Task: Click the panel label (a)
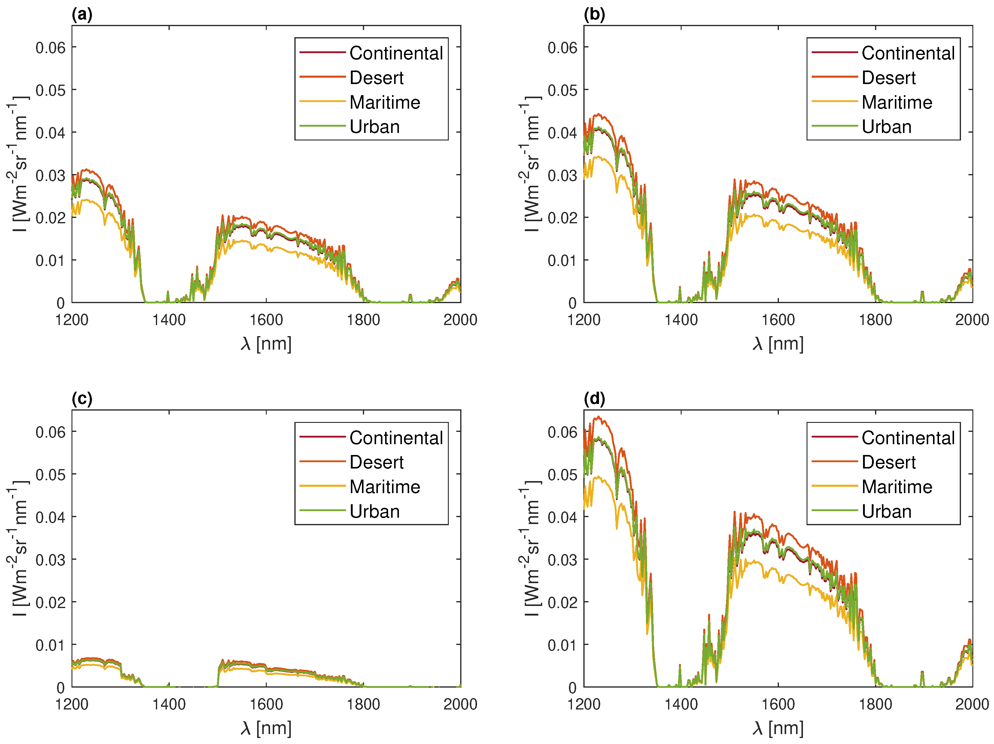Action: click(82, 14)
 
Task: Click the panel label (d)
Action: click(594, 399)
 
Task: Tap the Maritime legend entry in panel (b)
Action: click(896, 102)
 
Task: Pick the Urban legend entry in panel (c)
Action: click(374, 511)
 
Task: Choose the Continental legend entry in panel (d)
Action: click(908, 438)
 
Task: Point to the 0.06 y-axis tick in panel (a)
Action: click(50, 48)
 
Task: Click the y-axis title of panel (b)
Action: click(530, 164)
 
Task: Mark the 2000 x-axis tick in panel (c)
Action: click(460, 704)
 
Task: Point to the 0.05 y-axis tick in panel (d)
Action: click(562, 474)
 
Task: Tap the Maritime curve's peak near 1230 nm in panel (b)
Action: click(598, 156)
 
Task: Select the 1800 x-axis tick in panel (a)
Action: click(363, 320)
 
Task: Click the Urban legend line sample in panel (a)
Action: click(322, 126)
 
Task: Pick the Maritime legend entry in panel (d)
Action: click(896, 487)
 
